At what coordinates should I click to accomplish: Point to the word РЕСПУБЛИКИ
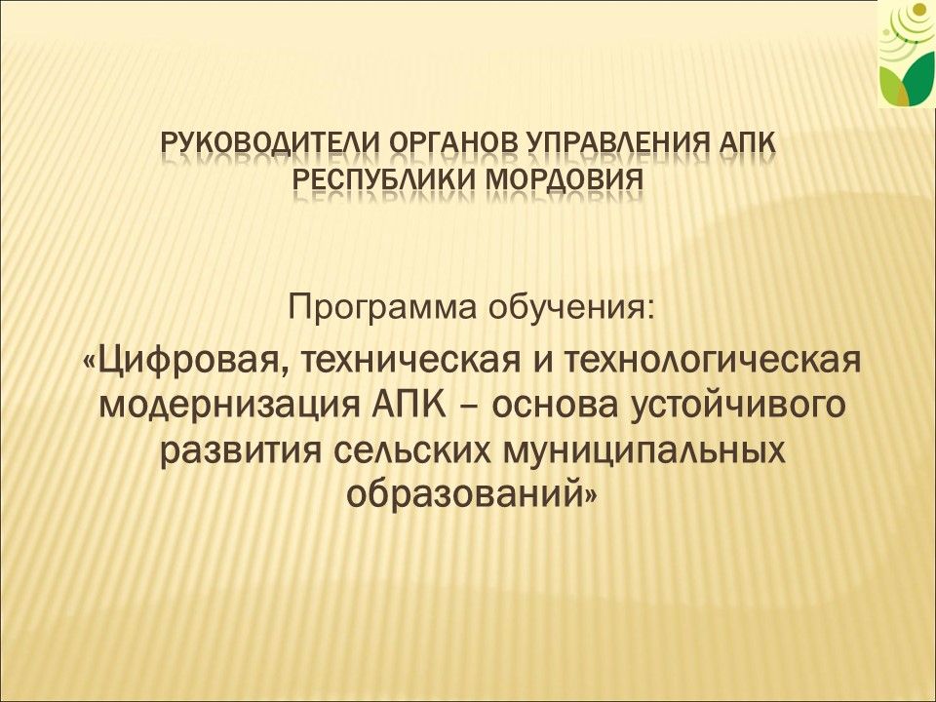(x=385, y=178)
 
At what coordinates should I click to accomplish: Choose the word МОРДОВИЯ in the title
(x=565, y=179)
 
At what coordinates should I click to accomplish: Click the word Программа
(x=383, y=309)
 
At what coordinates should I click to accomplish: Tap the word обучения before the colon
(x=565, y=309)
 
